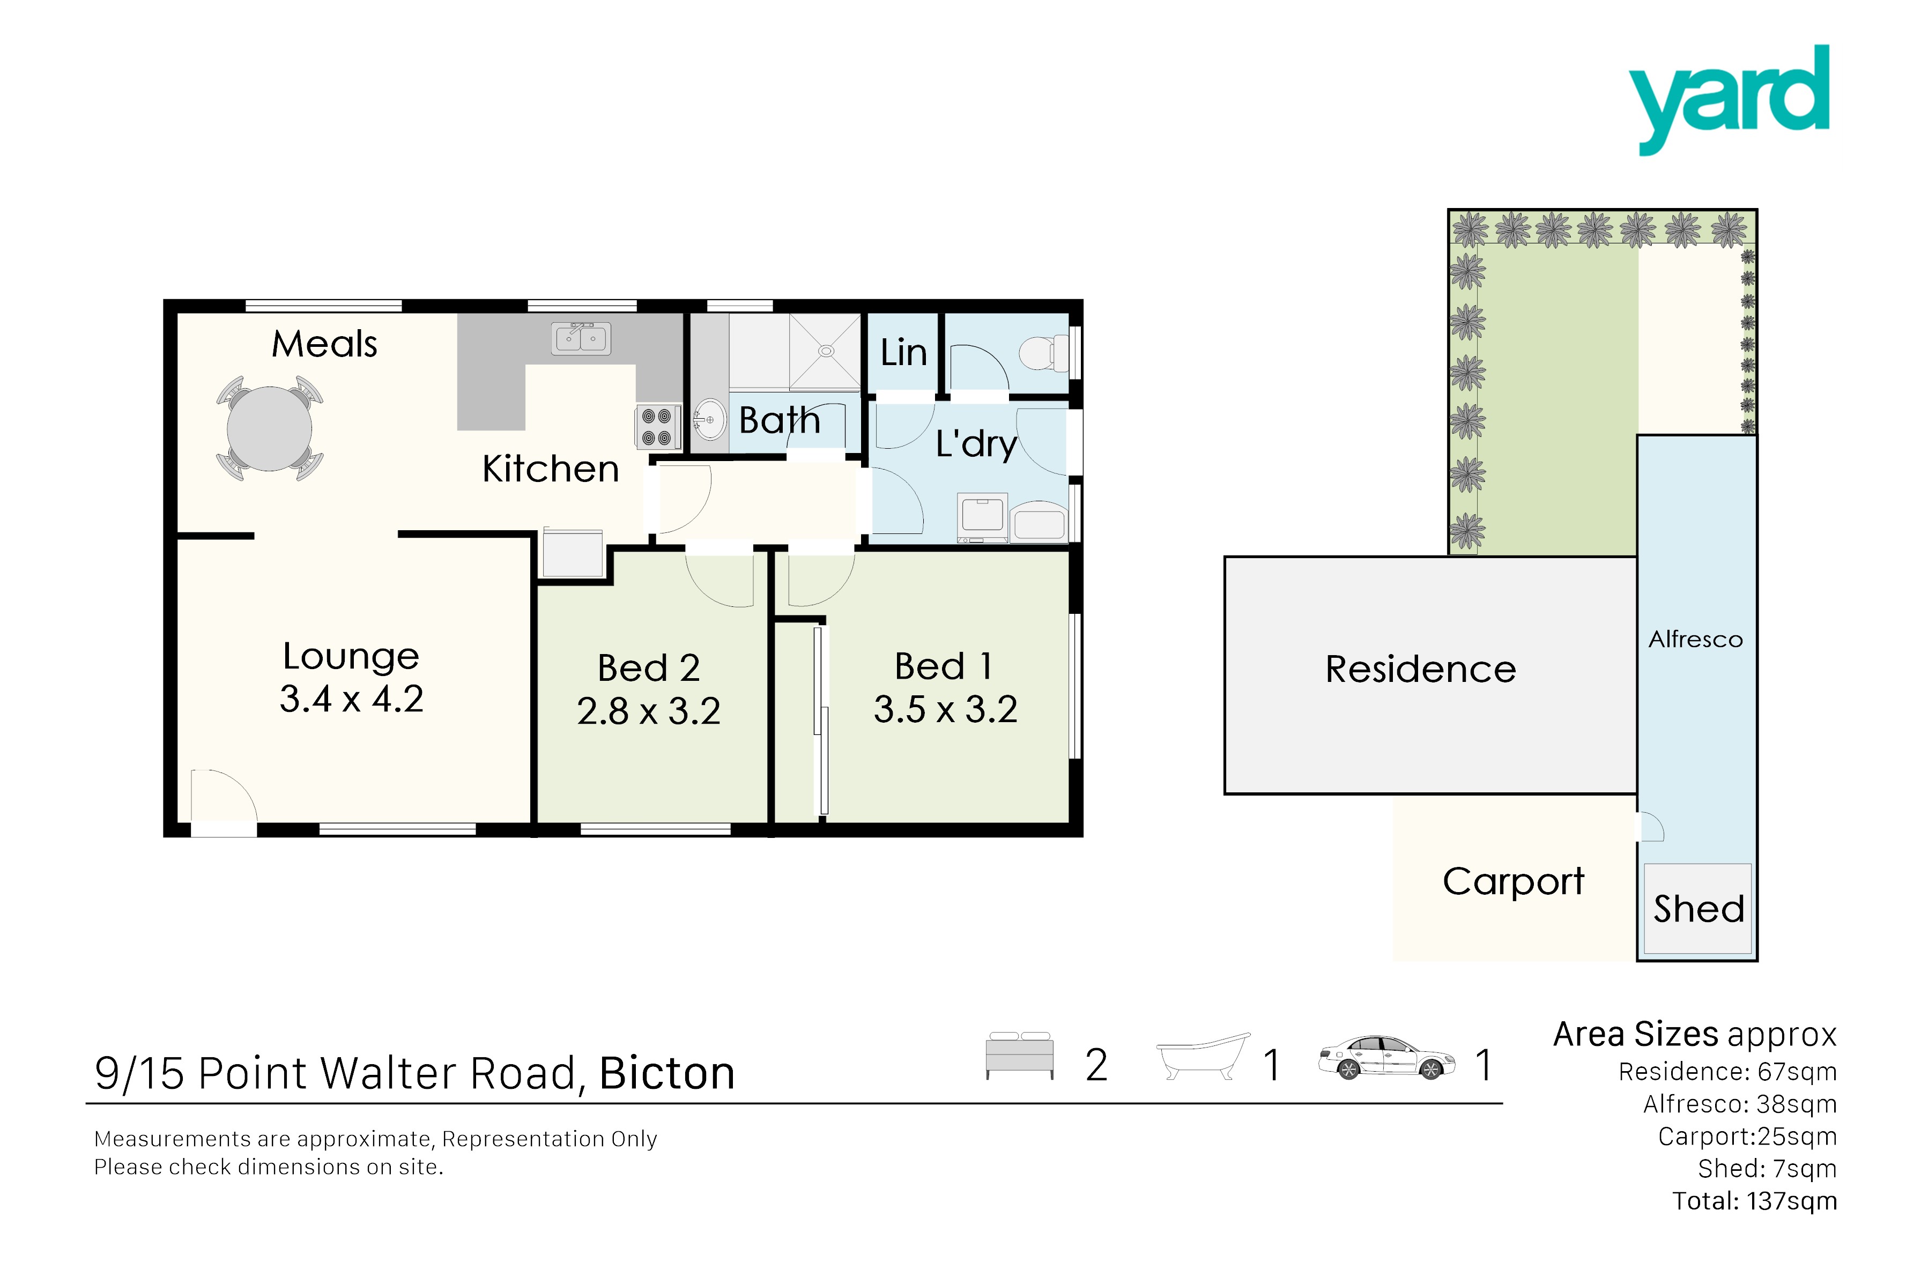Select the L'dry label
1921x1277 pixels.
[976, 444]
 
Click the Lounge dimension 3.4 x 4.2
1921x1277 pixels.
[351, 699]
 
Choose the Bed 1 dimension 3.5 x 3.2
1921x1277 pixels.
[945, 709]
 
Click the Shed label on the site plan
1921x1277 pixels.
[1699, 908]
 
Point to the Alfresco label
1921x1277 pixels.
[1695, 640]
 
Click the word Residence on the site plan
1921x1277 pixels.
[1420, 670]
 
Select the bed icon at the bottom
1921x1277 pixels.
[1020, 1056]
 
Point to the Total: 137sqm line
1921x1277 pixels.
[1754, 1201]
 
